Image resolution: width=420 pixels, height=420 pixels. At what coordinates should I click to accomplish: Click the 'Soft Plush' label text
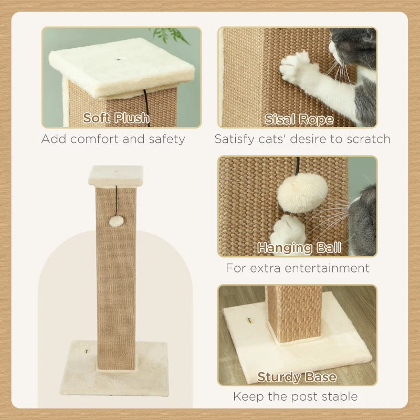pyautogui.click(x=116, y=118)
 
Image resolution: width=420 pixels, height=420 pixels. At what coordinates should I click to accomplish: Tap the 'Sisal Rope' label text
pyautogui.click(x=299, y=119)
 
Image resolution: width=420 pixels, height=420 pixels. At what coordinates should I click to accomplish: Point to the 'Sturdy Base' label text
pyautogui.click(x=297, y=377)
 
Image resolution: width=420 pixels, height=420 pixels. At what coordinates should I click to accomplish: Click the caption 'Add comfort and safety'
pyautogui.click(x=113, y=139)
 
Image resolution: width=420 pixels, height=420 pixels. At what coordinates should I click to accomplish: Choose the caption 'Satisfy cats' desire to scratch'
pyautogui.click(x=302, y=139)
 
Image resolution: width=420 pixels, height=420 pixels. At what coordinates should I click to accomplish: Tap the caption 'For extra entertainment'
pyautogui.click(x=298, y=268)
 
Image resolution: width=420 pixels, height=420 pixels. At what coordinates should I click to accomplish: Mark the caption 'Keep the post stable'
pyautogui.click(x=296, y=396)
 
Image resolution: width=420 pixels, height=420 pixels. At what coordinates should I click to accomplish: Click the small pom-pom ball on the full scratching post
pyautogui.click(x=113, y=222)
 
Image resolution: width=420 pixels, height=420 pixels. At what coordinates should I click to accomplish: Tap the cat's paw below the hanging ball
pyautogui.click(x=288, y=230)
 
